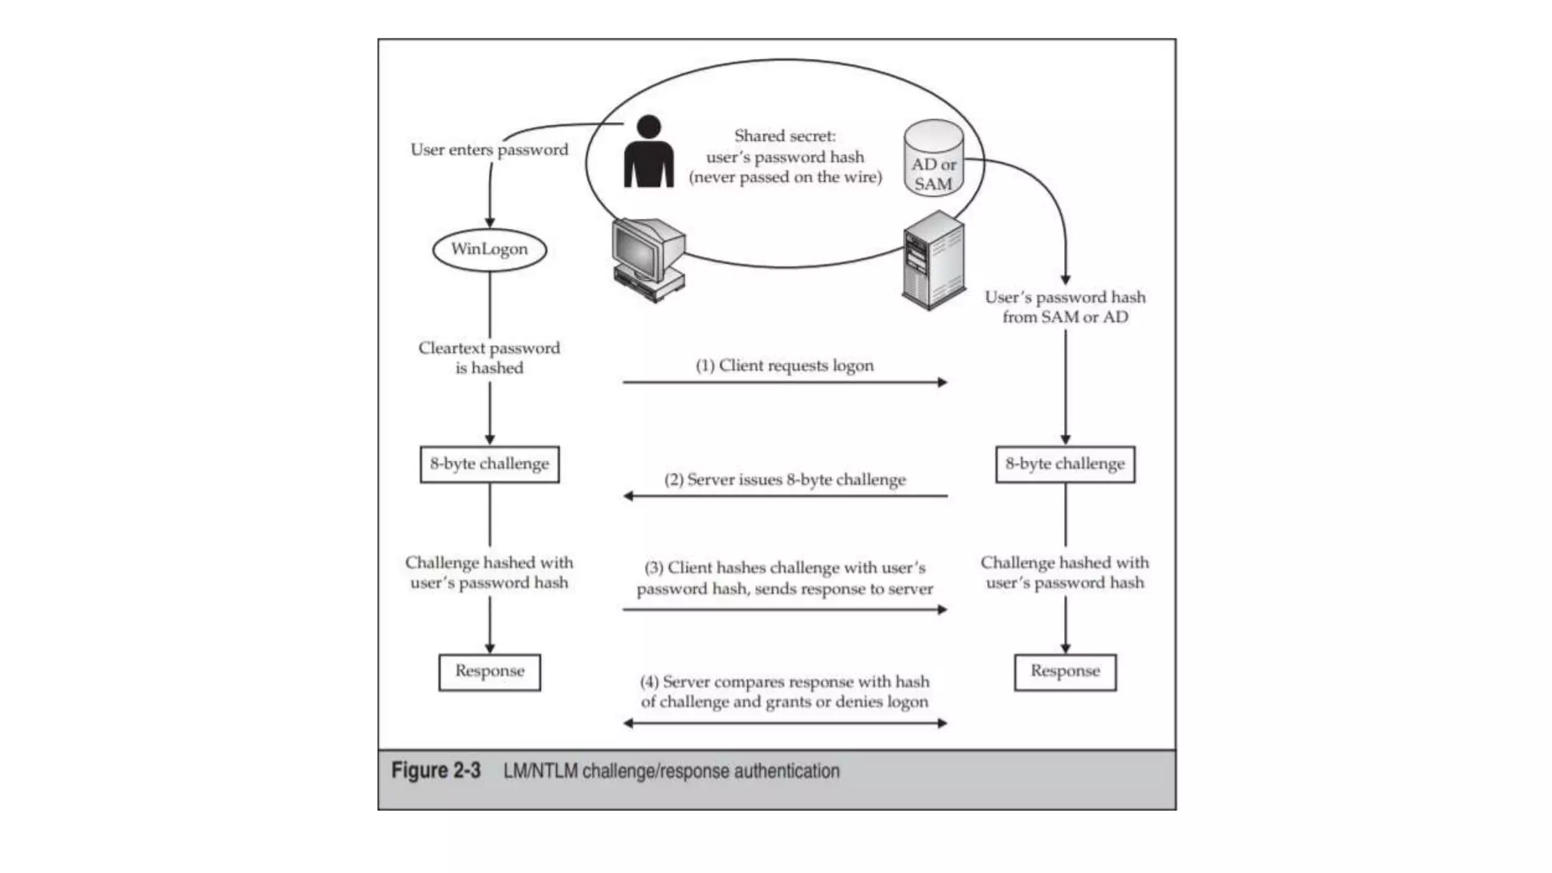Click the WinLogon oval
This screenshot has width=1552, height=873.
point(489,249)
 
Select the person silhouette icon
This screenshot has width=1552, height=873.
point(648,154)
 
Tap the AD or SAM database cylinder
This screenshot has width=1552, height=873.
point(933,160)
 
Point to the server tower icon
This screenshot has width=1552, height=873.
point(934,261)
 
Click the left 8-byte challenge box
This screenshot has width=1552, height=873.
point(489,464)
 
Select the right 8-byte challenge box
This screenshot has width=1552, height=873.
point(1065,464)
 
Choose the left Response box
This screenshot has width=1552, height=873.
point(489,671)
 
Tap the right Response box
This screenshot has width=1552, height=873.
point(1065,671)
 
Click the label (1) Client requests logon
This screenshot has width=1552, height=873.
point(784,365)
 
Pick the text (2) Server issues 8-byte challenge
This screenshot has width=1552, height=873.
point(784,480)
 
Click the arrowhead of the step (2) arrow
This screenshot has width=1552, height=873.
point(628,496)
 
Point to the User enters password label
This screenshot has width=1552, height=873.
point(489,149)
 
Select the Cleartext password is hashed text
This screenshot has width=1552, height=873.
point(489,358)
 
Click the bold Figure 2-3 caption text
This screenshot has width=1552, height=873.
point(436,771)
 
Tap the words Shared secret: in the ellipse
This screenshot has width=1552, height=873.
point(784,136)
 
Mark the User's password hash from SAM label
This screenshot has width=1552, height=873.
point(1065,307)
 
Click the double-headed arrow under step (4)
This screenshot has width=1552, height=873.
point(784,723)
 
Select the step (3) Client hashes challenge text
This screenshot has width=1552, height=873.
point(784,578)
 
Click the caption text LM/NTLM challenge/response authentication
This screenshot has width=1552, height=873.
point(671,771)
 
